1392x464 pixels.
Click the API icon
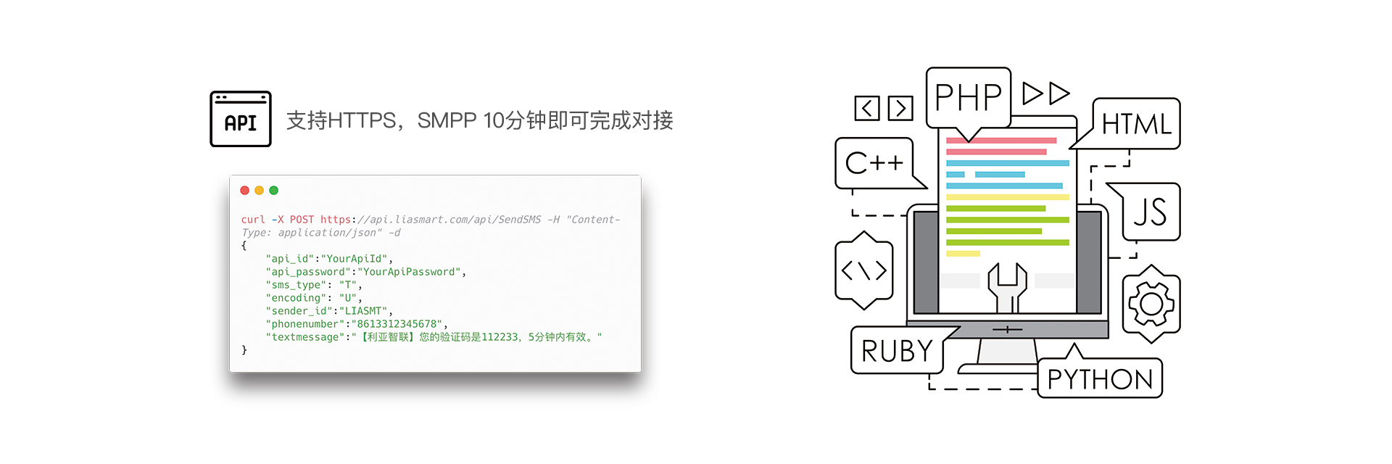point(241,119)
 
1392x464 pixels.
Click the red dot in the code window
point(245,191)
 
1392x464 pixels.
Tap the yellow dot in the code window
point(259,191)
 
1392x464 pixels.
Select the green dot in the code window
point(273,191)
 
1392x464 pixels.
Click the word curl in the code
point(253,220)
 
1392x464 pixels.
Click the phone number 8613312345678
point(397,324)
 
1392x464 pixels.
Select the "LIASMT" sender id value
point(363,311)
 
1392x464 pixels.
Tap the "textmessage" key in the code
point(304,337)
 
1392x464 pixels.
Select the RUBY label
point(898,351)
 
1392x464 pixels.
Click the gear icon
point(1151,304)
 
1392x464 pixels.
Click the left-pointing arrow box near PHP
point(867,108)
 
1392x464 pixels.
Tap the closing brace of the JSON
point(244,350)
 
